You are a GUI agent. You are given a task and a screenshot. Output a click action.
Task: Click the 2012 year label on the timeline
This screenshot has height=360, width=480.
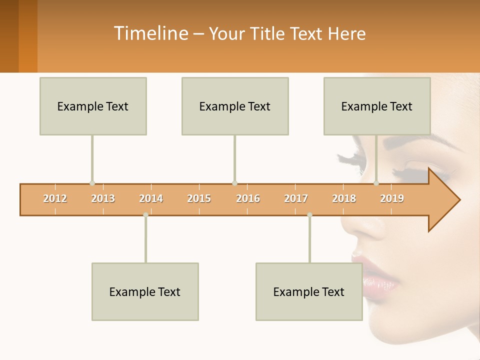[55, 198]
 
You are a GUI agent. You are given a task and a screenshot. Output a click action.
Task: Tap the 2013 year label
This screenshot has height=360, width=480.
[103, 198]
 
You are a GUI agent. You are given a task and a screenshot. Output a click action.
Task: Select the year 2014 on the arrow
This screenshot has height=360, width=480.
[151, 198]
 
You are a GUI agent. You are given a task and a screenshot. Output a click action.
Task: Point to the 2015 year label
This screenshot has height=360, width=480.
[199, 198]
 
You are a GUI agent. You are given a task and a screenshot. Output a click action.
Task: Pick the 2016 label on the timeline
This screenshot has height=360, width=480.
[248, 198]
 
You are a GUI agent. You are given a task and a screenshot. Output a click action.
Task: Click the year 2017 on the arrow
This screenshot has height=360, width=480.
[296, 198]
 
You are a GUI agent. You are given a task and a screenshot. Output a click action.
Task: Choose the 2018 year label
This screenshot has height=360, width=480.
[344, 198]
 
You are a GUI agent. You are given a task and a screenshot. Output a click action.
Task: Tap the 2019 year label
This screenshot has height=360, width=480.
[392, 198]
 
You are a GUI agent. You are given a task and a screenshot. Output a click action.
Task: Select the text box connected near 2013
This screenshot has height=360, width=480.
[93, 106]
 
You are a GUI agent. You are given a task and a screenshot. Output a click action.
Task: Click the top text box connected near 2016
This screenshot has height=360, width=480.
[235, 106]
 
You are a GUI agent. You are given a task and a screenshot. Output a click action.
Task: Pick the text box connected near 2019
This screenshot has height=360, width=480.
[377, 106]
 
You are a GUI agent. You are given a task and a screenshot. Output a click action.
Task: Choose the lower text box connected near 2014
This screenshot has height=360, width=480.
[145, 291]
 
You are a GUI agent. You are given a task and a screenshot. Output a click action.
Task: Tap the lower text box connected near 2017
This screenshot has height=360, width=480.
[309, 291]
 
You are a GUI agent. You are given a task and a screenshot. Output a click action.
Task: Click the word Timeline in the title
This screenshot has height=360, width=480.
[150, 33]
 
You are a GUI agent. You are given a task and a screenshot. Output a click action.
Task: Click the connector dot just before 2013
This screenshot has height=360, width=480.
[92, 183]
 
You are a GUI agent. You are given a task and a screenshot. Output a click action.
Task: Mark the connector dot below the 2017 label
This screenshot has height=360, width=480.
[309, 215]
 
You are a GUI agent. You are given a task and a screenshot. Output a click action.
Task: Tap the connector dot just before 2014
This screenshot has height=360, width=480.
[145, 215]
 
